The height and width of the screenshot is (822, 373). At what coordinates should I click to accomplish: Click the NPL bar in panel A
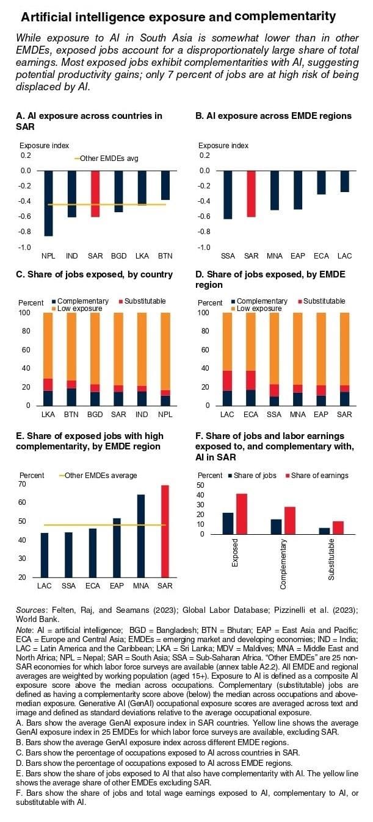point(48,203)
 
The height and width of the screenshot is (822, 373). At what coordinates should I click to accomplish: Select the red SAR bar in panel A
point(95,194)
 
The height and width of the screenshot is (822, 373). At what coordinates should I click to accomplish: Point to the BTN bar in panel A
point(165,185)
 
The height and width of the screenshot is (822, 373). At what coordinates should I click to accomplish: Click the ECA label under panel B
point(321,255)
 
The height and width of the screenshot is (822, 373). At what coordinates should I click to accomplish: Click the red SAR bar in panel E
point(164,531)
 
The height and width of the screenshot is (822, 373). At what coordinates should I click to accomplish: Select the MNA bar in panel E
point(141,536)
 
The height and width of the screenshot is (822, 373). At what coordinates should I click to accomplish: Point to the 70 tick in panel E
point(24,484)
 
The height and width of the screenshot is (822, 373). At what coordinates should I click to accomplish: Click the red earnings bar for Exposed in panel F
point(242,514)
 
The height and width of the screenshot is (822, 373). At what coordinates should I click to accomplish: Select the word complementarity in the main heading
point(285,15)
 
